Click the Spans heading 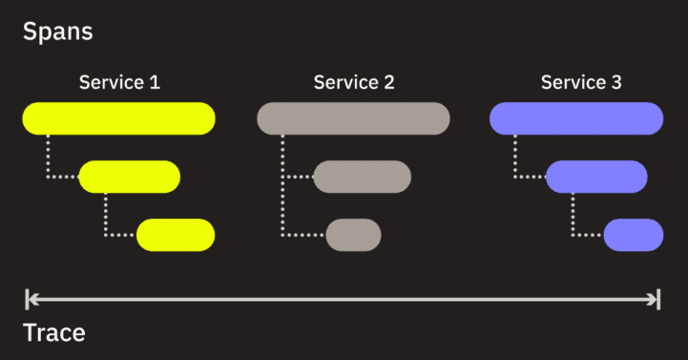click(57, 31)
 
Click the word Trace click(53, 333)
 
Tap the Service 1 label click(119, 82)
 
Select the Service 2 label click(354, 82)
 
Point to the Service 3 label click(581, 82)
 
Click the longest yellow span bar click(119, 118)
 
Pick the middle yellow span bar click(129, 177)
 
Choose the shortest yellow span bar click(176, 235)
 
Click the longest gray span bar click(354, 118)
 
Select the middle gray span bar click(362, 177)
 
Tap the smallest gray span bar click(353, 235)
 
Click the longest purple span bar click(576, 118)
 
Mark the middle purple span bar click(596, 177)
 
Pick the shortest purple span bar click(633, 235)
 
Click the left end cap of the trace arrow click(28, 300)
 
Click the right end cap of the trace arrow click(658, 300)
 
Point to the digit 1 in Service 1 click(155, 82)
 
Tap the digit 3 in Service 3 click(616, 82)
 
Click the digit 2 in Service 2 click(388, 82)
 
